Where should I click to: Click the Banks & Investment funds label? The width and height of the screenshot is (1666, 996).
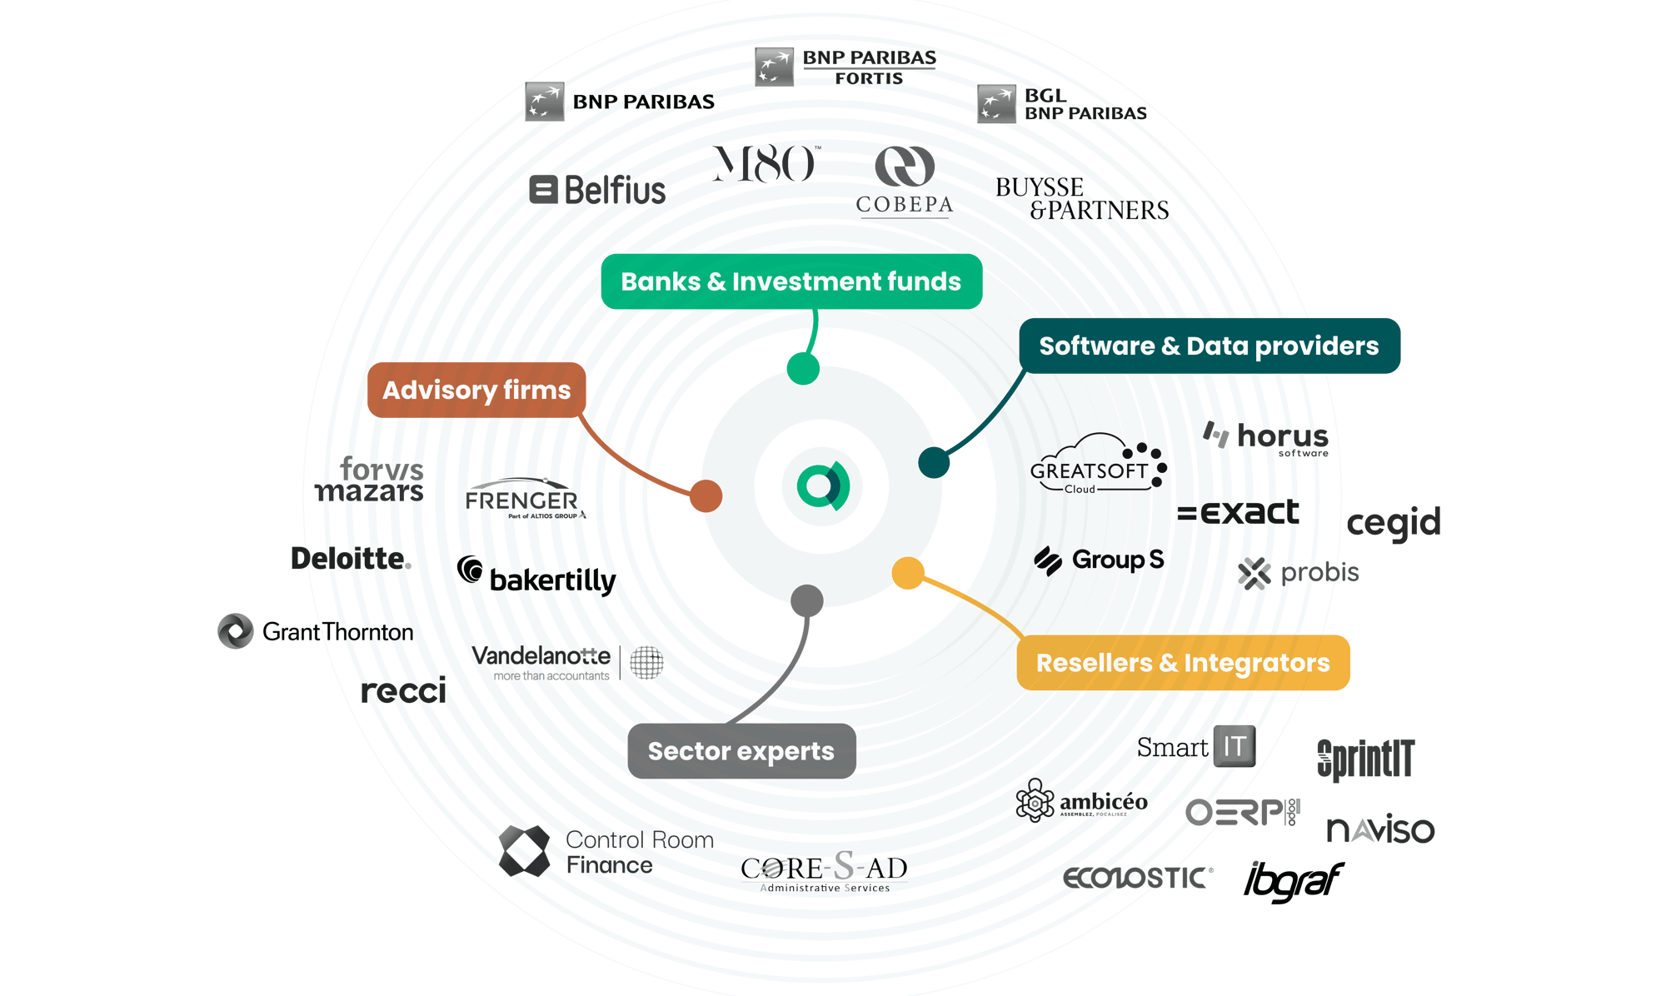(x=791, y=281)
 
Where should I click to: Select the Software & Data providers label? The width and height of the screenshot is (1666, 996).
(x=1209, y=346)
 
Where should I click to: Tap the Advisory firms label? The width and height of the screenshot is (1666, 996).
(x=476, y=390)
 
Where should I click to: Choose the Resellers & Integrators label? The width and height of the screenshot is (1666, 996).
(x=1183, y=663)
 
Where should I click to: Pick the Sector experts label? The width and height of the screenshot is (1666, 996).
(x=741, y=751)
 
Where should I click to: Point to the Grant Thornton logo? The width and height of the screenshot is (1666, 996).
(x=317, y=632)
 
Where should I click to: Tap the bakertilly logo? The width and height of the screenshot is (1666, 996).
(x=537, y=577)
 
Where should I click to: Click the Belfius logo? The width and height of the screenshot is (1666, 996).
(x=598, y=190)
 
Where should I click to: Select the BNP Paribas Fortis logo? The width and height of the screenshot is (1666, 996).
(x=845, y=67)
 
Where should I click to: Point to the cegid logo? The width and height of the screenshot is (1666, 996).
(x=1394, y=523)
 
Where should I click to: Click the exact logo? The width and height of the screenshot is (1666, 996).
(x=1238, y=512)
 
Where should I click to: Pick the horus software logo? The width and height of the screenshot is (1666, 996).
(x=1267, y=438)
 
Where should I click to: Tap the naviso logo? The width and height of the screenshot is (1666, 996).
(x=1380, y=829)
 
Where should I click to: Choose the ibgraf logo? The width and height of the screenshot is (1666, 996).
(x=1293, y=881)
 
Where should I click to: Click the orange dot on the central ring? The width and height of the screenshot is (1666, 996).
(x=706, y=496)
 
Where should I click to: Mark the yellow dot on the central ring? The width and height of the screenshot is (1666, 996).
(x=908, y=573)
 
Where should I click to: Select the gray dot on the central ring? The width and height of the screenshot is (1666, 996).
(x=806, y=600)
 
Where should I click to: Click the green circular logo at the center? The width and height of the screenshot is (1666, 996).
(x=822, y=487)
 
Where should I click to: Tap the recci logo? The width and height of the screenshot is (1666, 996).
(x=404, y=690)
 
